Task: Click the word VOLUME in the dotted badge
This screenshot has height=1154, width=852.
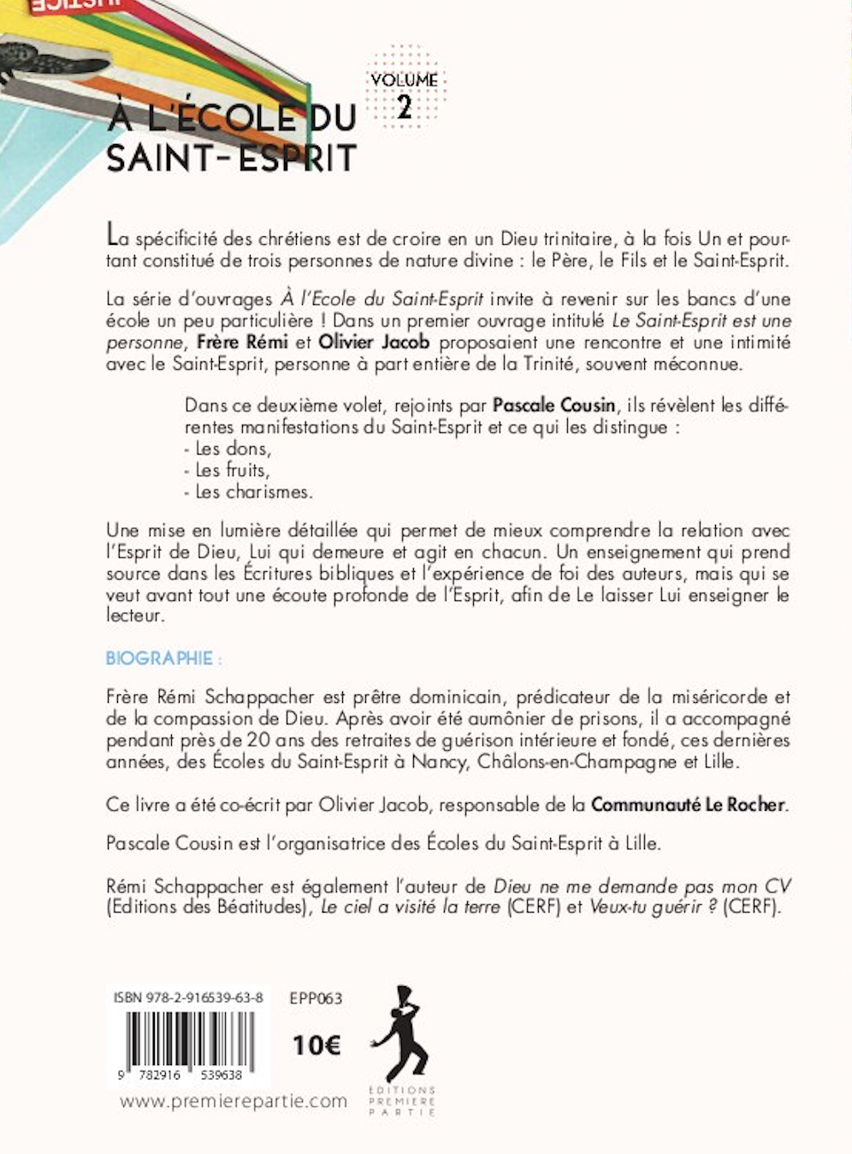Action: (405, 80)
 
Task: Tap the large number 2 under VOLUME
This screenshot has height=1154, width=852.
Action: (405, 106)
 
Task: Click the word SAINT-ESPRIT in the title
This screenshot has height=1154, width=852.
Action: (231, 159)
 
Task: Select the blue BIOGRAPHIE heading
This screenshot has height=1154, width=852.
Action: (159, 658)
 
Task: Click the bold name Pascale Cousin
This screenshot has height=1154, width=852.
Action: (553, 405)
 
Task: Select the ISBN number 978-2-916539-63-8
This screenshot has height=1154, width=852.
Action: (188, 998)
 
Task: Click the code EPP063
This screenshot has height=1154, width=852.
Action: (316, 998)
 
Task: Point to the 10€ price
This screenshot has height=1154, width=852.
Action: (316, 1045)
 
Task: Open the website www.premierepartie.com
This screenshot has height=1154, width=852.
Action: (234, 1101)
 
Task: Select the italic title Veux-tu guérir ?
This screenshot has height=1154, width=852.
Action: (653, 907)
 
